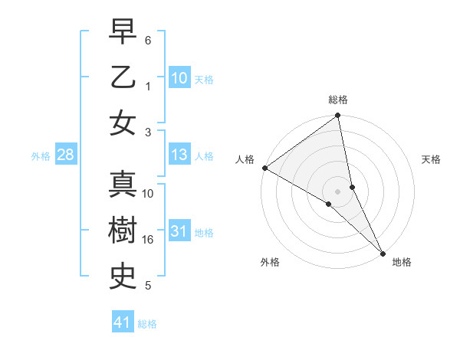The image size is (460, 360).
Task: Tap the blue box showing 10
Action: pyautogui.click(x=179, y=78)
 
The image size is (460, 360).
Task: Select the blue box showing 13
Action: pyautogui.click(x=179, y=155)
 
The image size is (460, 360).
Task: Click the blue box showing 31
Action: pyautogui.click(x=179, y=232)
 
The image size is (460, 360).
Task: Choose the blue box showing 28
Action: pyautogui.click(x=65, y=155)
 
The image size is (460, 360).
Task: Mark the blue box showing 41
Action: pyautogui.click(x=123, y=322)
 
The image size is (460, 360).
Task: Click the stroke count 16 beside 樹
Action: pyautogui.click(x=148, y=240)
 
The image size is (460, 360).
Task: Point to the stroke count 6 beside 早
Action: pyautogui.click(x=148, y=39)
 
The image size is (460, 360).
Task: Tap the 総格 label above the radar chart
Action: pyautogui.click(x=338, y=100)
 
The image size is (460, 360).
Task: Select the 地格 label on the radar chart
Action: pyautogui.click(x=402, y=262)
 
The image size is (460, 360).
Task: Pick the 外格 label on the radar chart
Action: pyautogui.click(x=270, y=262)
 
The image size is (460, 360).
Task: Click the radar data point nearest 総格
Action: pyautogui.click(x=338, y=116)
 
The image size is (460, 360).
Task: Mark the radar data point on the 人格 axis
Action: pyautogui.click(x=264, y=168)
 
